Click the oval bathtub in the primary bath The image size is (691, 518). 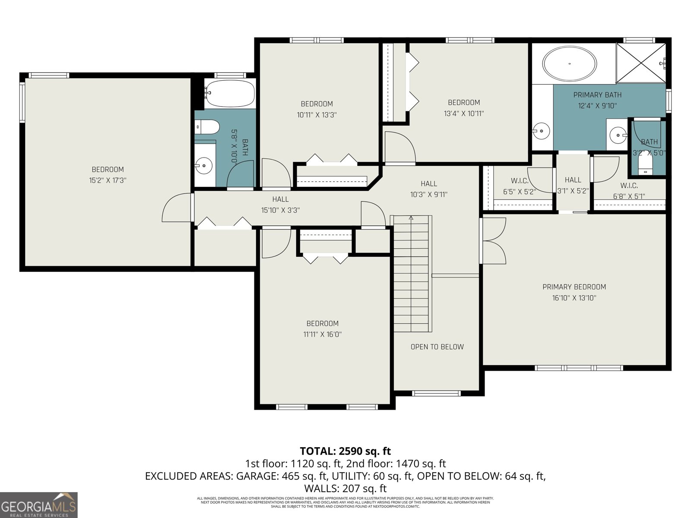(570, 64)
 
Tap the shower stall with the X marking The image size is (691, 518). (640, 63)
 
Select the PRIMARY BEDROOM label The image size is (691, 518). (574, 287)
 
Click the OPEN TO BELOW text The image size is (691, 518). (437, 347)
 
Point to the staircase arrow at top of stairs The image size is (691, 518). (411, 218)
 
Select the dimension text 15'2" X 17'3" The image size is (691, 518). (108, 180)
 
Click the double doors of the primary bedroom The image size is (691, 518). (493, 241)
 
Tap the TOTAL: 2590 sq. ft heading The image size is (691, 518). (345, 451)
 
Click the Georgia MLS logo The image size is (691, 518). (39, 505)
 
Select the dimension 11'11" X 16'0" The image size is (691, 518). (322, 334)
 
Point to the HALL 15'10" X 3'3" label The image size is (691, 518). (280, 205)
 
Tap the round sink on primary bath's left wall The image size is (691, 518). (541, 130)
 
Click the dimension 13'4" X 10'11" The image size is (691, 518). (463, 114)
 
